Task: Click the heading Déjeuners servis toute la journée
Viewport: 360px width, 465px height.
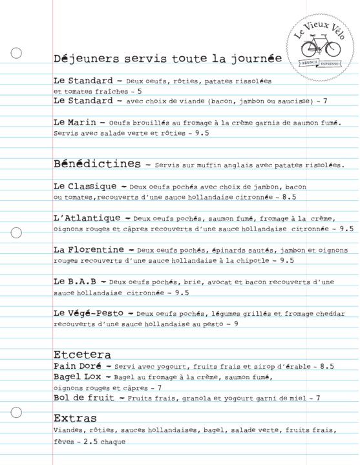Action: tap(167, 58)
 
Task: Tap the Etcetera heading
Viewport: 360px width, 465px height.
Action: tap(82, 355)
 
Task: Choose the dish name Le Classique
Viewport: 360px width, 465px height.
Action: tap(85, 186)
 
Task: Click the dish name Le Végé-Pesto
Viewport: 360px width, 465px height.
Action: tap(94, 313)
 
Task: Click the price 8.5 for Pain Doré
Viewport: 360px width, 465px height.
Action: tap(327, 367)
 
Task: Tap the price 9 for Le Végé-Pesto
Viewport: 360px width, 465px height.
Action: tap(236, 323)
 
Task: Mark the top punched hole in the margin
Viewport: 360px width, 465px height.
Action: tap(17, 53)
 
